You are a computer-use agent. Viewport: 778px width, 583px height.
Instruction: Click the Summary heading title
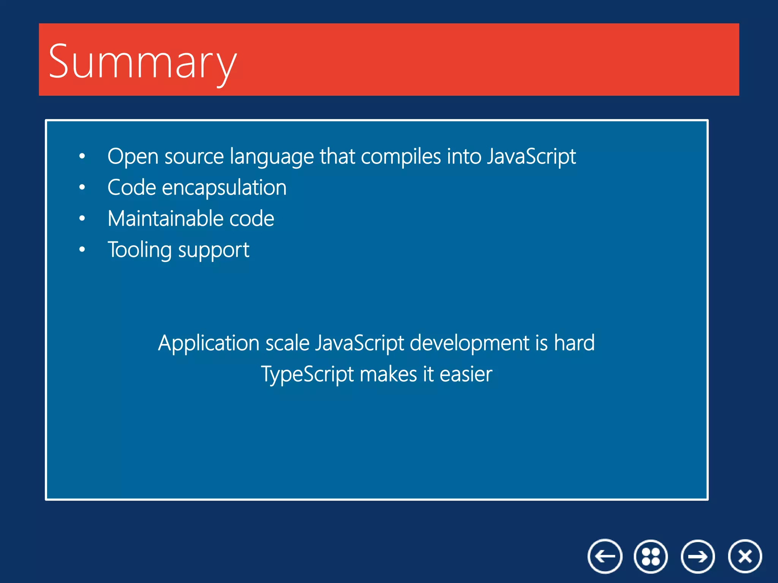tap(142, 61)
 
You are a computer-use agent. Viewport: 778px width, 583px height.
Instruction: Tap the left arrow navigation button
tap(605, 556)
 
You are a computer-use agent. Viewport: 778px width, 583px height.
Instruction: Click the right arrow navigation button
tap(698, 556)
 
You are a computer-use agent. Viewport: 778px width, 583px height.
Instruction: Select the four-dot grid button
tap(651, 556)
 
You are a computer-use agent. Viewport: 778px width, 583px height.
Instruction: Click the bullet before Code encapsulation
tap(82, 188)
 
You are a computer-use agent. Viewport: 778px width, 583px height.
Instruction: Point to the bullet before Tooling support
tap(82, 249)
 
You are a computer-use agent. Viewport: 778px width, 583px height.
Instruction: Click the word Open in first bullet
tap(133, 156)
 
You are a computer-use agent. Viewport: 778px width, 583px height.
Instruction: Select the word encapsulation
tap(224, 188)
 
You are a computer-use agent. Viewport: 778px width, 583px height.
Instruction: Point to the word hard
tap(574, 343)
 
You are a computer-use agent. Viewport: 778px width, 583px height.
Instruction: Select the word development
tap(469, 343)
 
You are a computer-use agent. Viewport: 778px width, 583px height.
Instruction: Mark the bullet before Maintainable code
tap(82, 219)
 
